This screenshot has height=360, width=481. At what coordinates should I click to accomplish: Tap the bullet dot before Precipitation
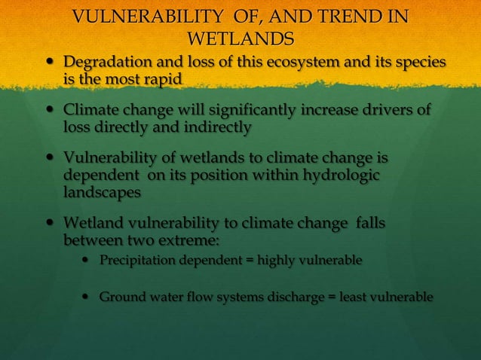pyautogui.click(x=88, y=261)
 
